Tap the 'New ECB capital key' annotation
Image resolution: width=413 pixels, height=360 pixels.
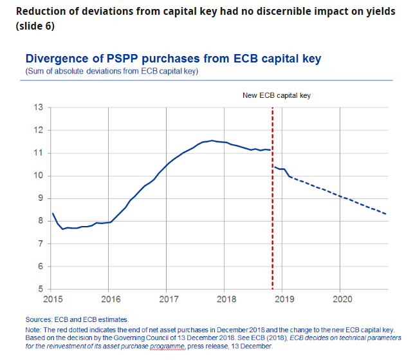[276, 95]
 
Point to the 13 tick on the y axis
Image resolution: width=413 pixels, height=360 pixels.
[39, 107]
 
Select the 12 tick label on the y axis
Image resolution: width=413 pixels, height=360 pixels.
[39, 130]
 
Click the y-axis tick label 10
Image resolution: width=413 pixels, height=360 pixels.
[39, 175]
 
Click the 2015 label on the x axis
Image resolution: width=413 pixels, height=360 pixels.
[53, 299]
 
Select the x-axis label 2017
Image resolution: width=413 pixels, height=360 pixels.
[168, 299]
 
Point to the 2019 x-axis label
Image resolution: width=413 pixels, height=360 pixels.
[284, 299]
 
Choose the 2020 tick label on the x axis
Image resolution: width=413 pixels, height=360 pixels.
[342, 299]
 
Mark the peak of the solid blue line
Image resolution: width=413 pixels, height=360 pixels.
[212, 140]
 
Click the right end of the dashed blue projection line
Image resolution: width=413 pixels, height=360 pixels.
[386, 214]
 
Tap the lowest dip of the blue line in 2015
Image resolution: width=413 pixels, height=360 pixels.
[63, 229]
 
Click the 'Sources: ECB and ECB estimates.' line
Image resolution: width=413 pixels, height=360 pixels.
[77, 319]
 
